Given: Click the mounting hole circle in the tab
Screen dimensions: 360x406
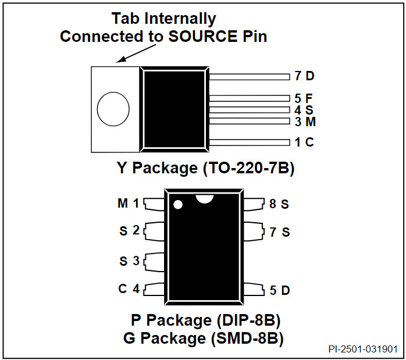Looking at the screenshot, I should pos(113,109).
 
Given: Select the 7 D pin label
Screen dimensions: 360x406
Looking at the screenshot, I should pos(304,76).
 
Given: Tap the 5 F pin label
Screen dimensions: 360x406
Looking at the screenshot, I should pos(304,98).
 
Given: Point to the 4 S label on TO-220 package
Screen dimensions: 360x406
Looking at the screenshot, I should pos(304,110).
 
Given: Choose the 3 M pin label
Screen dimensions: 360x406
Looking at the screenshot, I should pos(305,122).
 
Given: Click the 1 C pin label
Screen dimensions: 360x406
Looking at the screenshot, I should pos(304,142).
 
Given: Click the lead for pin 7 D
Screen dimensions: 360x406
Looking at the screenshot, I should pos(249,76).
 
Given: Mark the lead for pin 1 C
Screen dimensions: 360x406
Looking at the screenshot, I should pos(249,142).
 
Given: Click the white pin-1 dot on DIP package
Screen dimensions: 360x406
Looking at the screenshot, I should pos(178,205).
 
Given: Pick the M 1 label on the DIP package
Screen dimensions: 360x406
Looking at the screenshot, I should pos(129,204).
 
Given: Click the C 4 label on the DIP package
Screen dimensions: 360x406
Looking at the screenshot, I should pos(129,288).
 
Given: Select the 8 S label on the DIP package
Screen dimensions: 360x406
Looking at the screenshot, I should pos(279,204).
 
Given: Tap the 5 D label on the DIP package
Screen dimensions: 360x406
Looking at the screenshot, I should pos(279,290).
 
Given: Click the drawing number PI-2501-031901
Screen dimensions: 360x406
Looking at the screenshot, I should pos(362,350).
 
